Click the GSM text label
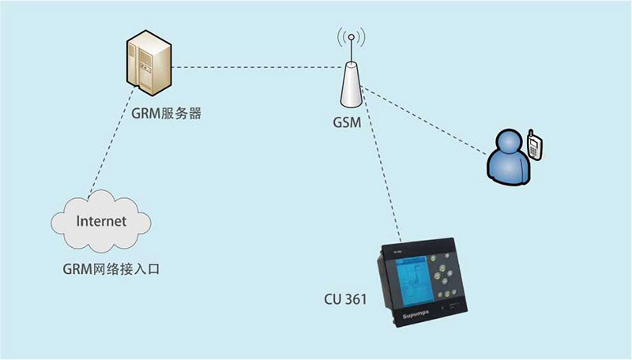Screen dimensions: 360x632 coord(348,124)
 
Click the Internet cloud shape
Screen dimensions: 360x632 coord(100,222)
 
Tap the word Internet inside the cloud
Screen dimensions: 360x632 coord(100,221)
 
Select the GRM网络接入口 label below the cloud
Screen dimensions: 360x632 coord(111,268)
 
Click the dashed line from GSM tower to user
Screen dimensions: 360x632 coord(427,119)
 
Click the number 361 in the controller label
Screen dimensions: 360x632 coord(355,300)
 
